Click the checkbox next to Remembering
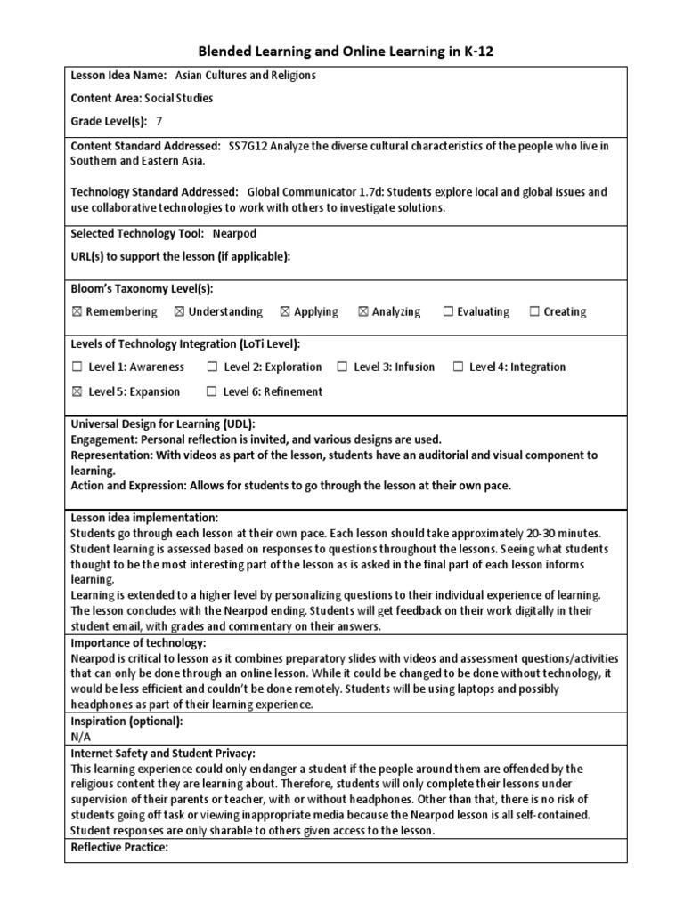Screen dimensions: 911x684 click(x=77, y=312)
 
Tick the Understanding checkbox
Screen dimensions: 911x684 click(x=179, y=312)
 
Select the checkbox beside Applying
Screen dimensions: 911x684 click(x=285, y=312)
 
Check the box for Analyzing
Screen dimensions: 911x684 click(x=363, y=312)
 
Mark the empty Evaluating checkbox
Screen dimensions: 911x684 click(x=448, y=312)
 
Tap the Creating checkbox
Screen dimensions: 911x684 click(x=534, y=312)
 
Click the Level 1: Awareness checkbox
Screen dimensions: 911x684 click(x=77, y=367)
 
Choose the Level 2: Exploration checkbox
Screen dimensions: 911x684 click(x=212, y=367)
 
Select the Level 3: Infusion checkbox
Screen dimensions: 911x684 click(x=342, y=367)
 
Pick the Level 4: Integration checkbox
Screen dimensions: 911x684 click(x=458, y=367)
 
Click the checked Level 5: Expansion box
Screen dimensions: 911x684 click(x=77, y=391)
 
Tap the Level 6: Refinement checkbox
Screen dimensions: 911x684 click(x=212, y=391)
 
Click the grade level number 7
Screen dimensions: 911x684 click(x=159, y=121)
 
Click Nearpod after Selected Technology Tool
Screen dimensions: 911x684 click(x=234, y=233)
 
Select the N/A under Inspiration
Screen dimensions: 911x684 click(x=80, y=737)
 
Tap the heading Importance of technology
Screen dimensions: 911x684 click(x=138, y=643)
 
